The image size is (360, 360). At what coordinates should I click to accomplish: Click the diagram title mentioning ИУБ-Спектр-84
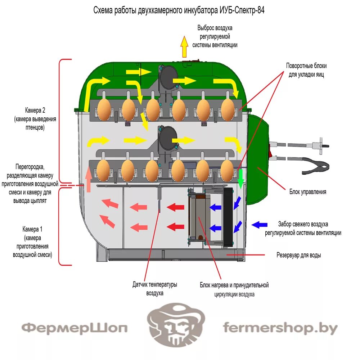tap(179, 10)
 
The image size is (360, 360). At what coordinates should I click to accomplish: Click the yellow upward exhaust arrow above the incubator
tap(184, 47)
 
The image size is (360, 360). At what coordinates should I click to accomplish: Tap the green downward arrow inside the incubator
tap(241, 179)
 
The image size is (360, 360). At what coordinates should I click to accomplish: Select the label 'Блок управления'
tap(307, 192)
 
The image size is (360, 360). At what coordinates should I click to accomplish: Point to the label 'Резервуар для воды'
tap(298, 255)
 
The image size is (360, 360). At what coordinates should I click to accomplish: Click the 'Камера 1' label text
tap(32, 242)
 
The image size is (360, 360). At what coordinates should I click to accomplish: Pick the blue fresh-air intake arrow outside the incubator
tap(259, 225)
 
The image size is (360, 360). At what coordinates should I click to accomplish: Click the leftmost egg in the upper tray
tap(104, 109)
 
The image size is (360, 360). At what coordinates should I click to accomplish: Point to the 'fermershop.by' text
tap(280, 328)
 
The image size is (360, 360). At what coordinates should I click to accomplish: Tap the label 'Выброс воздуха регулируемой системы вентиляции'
tap(215, 36)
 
